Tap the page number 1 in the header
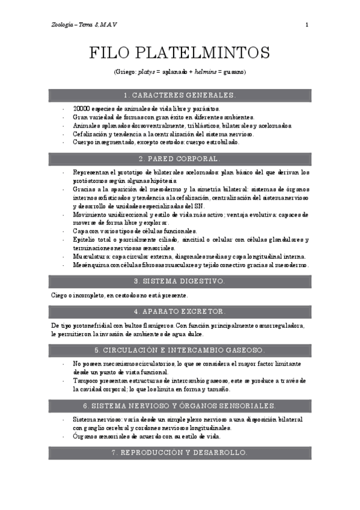pyautogui.click(x=307, y=25)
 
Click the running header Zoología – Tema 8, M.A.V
pyautogui.click(x=84, y=25)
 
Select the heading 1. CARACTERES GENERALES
pyautogui.click(x=180, y=95)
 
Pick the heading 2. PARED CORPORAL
pyautogui.click(x=180, y=159)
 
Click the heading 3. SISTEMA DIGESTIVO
pyautogui.click(x=180, y=281)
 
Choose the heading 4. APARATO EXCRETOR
pyautogui.click(x=180, y=312)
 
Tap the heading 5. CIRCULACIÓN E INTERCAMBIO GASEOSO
pyautogui.click(x=180, y=349)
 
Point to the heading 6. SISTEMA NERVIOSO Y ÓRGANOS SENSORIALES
pyautogui.click(x=180, y=405)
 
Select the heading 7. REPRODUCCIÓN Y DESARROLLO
pyautogui.click(x=180, y=452)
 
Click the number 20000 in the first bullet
pyautogui.click(x=81, y=109)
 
